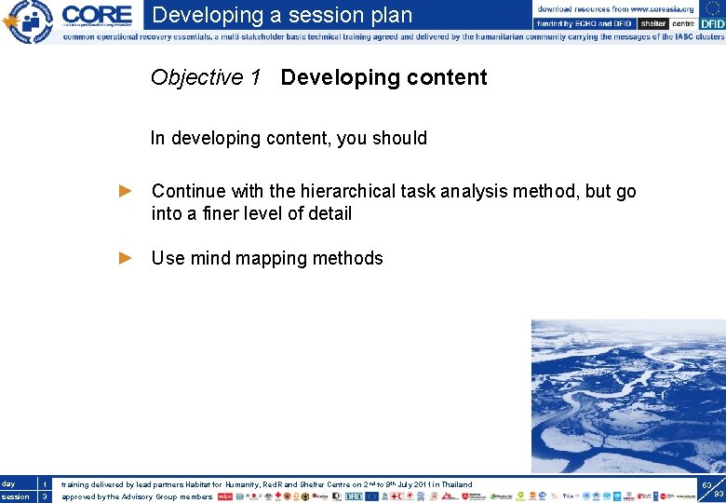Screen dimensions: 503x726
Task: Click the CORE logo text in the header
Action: (x=97, y=15)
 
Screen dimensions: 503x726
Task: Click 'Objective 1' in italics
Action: (x=205, y=77)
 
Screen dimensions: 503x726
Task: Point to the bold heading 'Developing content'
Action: (x=383, y=77)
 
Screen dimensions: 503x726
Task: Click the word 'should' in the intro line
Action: (x=399, y=138)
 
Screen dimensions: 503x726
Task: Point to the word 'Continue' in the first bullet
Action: (x=189, y=191)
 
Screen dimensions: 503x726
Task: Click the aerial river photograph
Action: (x=627, y=396)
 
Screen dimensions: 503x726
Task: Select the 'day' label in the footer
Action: (x=8, y=484)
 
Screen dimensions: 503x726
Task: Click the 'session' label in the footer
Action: (x=14, y=496)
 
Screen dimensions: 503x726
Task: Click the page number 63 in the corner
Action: (x=706, y=485)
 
